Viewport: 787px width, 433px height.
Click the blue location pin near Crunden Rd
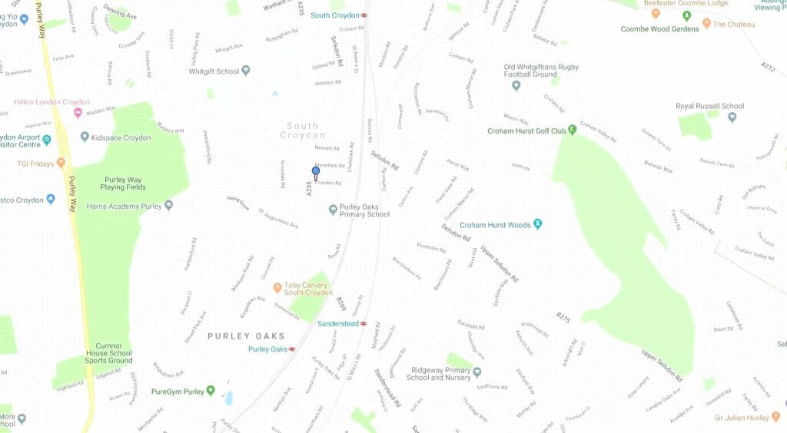tap(315, 173)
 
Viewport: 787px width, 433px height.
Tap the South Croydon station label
tap(335, 15)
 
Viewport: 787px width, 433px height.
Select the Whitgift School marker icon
tap(246, 71)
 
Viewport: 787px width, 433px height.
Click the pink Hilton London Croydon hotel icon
tap(77, 114)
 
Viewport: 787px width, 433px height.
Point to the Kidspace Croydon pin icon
tap(85, 137)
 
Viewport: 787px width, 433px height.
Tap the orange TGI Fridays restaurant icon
tap(61, 164)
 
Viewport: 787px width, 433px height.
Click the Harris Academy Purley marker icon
tap(169, 206)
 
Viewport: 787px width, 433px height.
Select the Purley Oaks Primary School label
tap(364, 210)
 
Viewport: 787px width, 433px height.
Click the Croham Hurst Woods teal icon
tap(538, 225)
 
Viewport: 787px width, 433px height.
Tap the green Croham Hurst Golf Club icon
tap(572, 131)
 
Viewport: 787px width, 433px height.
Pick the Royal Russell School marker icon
tap(732, 117)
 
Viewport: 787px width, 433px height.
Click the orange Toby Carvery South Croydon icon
tap(277, 289)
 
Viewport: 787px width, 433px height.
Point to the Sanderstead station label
tap(337, 324)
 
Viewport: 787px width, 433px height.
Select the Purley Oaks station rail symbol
tap(292, 349)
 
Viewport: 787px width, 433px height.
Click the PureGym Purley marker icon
tap(211, 392)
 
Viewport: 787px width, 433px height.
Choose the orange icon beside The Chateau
tap(706, 25)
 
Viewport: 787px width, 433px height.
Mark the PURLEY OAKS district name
tap(246, 336)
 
